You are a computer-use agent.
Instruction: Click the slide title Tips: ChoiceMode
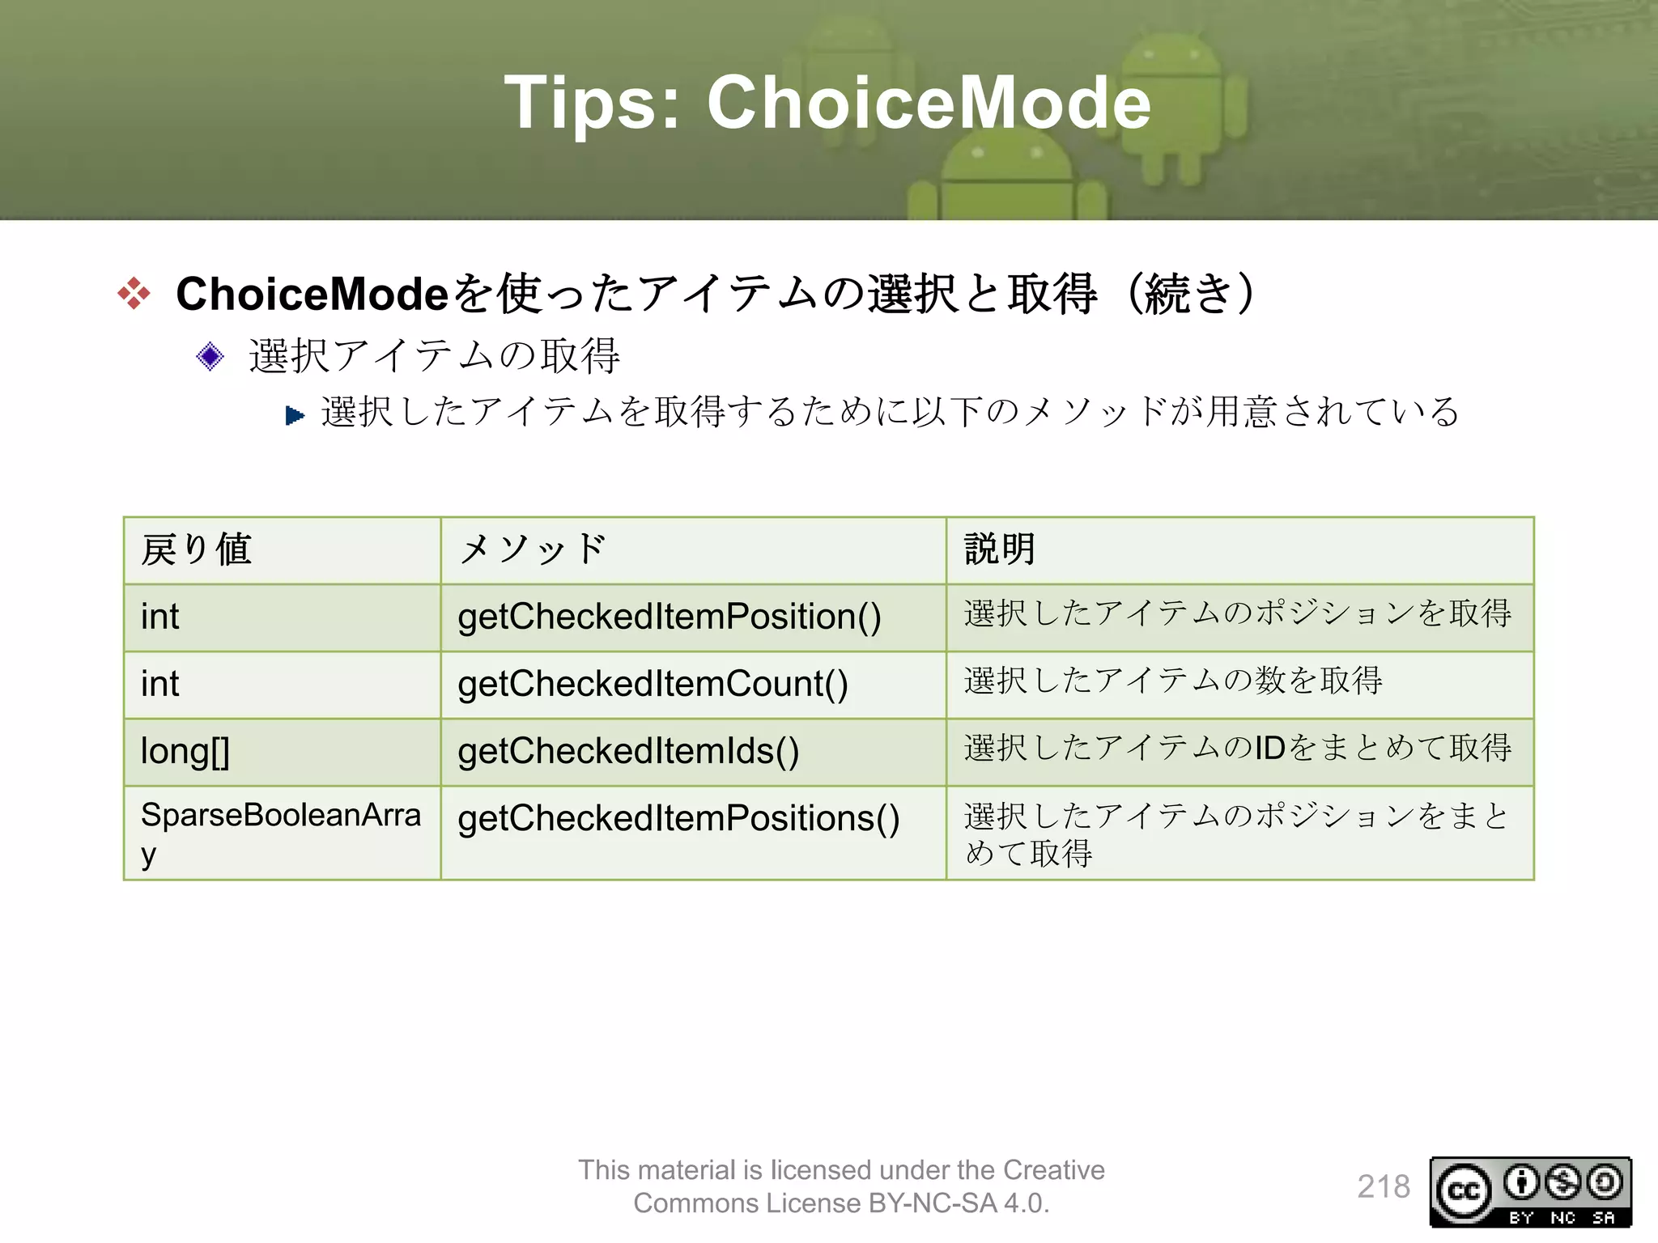[x=827, y=103]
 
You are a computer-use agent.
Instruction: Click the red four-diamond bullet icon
[x=134, y=293]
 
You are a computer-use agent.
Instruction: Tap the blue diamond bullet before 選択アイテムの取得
[x=210, y=356]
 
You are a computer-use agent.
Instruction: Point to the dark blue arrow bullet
[x=295, y=416]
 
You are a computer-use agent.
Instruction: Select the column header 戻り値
[x=197, y=549]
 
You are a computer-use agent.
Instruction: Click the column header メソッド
[x=531, y=549]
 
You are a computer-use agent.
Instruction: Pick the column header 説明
[x=1000, y=549]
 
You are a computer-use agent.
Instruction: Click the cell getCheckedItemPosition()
[x=669, y=617]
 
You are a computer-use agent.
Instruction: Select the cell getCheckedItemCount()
[x=653, y=684]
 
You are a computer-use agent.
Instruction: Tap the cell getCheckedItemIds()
[x=628, y=751]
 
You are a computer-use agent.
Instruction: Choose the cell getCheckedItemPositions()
[x=678, y=818]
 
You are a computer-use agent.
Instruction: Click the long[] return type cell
[x=185, y=751]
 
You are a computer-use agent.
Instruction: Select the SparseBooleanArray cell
[x=280, y=832]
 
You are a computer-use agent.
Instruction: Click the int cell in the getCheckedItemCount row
[x=159, y=684]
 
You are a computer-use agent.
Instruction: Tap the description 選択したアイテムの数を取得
[x=1172, y=681]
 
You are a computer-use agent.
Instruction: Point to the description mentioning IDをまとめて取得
[x=1237, y=748]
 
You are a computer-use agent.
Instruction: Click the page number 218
[x=1383, y=1186]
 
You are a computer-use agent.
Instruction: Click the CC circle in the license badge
[x=1463, y=1190]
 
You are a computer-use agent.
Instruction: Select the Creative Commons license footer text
[x=841, y=1186]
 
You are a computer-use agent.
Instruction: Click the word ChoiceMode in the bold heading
[x=312, y=293]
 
